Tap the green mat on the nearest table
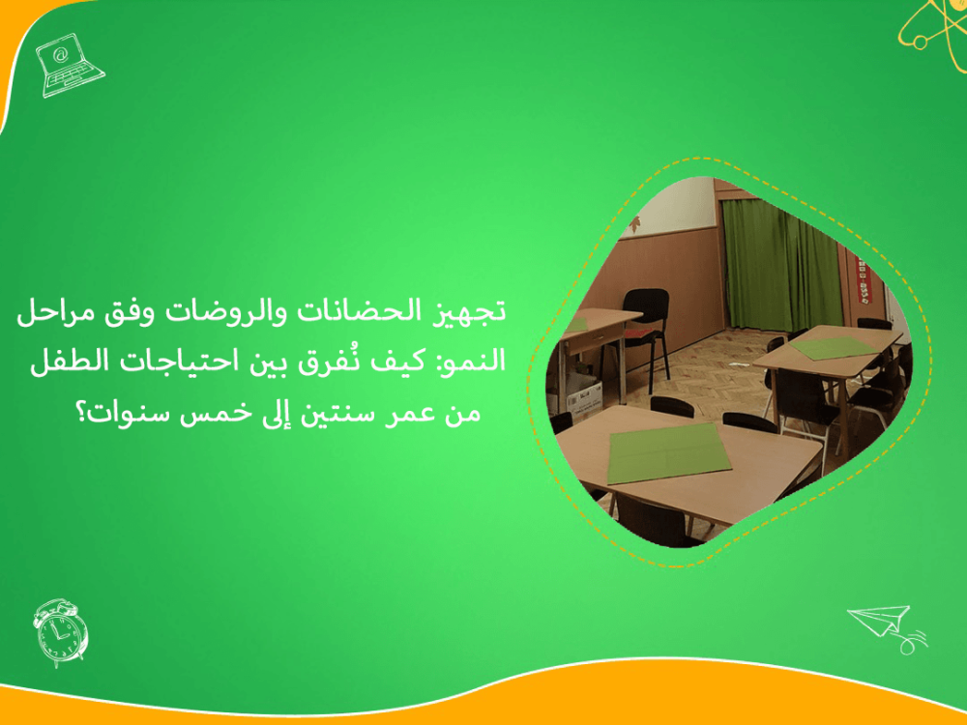(x=667, y=451)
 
